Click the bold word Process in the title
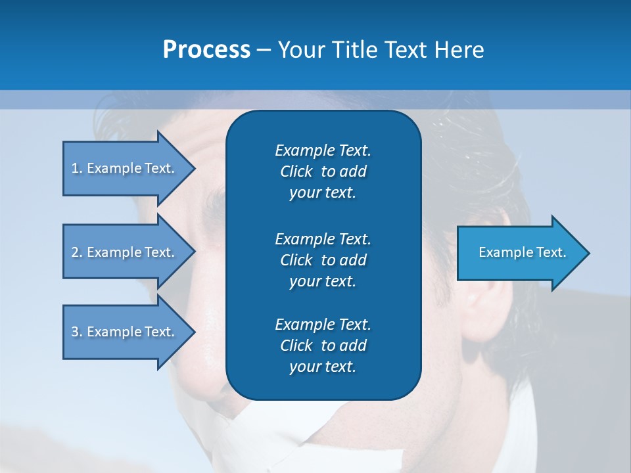click(206, 50)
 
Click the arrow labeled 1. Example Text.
click(125, 168)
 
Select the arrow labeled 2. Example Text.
click(125, 252)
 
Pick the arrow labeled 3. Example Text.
click(125, 332)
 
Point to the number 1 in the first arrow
click(75, 168)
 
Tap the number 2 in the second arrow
click(75, 252)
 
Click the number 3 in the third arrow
click(75, 332)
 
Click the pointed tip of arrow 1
click(193, 168)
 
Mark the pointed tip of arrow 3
click(193, 332)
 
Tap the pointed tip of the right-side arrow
click(588, 252)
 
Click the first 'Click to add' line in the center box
click(323, 171)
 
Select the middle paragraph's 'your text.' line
click(323, 281)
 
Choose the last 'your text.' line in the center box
click(323, 367)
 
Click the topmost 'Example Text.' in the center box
click(323, 150)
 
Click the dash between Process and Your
click(264, 50)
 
